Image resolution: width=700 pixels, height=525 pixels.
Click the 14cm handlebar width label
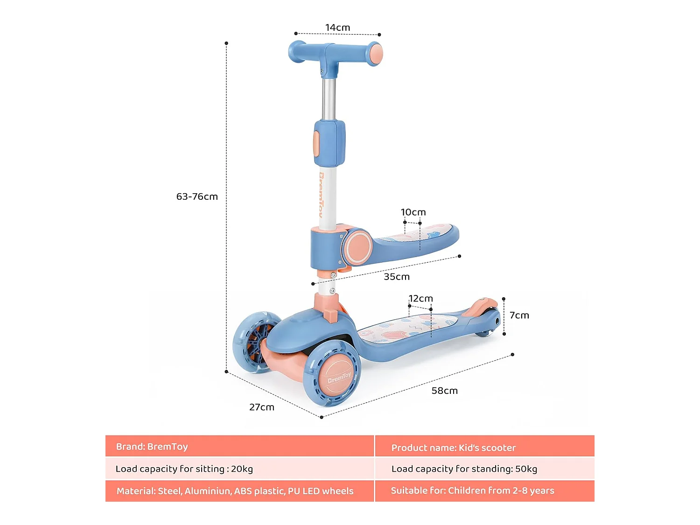[x=337, y=28]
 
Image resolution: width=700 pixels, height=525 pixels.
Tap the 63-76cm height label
[x=197, y=196]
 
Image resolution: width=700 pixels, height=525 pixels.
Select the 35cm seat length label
[x=397, y=277]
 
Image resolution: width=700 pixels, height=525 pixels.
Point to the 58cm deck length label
[x=444, y=391]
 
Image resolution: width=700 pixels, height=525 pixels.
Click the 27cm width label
[x=262, y=407]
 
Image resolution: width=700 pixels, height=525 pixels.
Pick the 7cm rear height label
[x=519, y=315]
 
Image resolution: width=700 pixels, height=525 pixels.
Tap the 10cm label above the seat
[x=413, y=212]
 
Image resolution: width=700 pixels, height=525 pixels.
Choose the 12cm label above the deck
[x=421, y=299]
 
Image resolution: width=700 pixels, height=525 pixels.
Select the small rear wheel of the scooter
[x=485, y=333]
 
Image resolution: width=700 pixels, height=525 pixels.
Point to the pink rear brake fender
[x=481, y=307]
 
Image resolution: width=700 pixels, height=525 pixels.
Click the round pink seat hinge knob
[x=358, y=247]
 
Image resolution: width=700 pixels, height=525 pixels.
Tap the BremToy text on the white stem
[x=322, y=194]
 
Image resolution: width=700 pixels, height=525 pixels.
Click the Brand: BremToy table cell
[x=239, y=447]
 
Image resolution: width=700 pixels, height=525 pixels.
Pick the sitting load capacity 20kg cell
[x=239, y=469]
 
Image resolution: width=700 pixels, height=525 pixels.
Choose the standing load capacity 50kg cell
[x=484, y=469]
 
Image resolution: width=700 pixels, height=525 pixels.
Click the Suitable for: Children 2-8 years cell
[x=484, y=491]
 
